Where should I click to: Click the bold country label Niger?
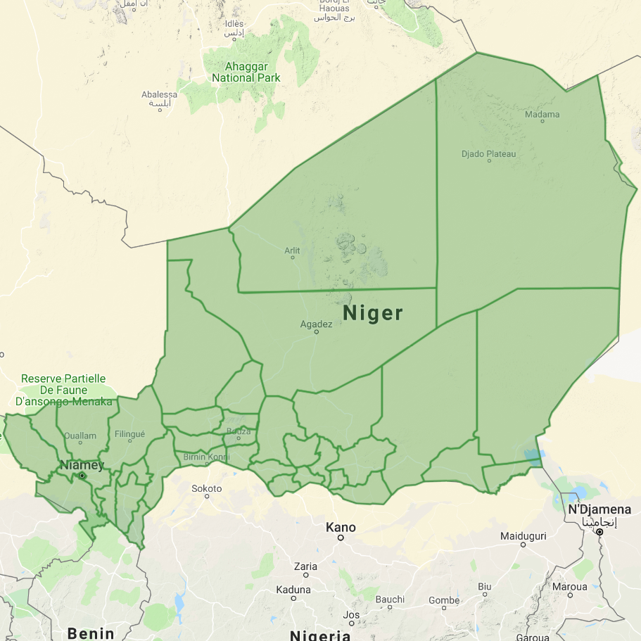(373, 313)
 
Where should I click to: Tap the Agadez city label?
(316, 324)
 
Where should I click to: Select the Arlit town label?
(292, 250)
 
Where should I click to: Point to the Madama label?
(542, 114)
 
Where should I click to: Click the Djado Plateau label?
(488, 153)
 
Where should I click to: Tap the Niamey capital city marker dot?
(82, 476)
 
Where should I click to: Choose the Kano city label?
(341, 527)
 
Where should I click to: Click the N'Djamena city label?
(599, 509)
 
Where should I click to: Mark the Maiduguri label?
(523, 536)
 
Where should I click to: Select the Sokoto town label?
(207, 488)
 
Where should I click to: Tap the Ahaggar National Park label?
(246, 72)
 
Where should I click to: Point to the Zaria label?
(305, 566)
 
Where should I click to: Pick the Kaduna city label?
(293, 589)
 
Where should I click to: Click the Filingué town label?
(129, 434)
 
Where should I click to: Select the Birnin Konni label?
(206, 457)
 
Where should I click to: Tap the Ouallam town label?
(80, 436)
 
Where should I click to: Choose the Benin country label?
(91, 633)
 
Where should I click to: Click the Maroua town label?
(569, 586)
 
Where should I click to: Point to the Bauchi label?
(390, 599)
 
